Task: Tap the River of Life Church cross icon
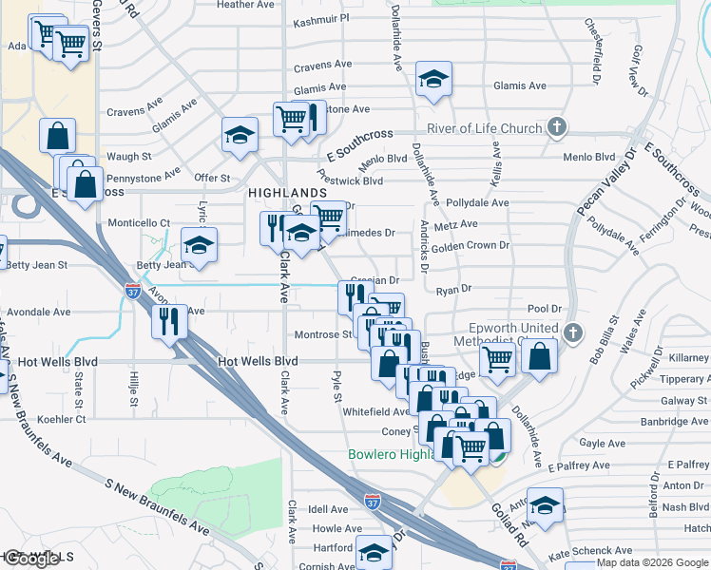tap(558, 127)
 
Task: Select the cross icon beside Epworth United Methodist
tap(571, 332)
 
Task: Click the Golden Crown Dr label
tap(471, 245)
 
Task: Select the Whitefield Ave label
tap(375, 411)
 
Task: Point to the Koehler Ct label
tap(62, 418)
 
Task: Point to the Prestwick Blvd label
tap(351, 180)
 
